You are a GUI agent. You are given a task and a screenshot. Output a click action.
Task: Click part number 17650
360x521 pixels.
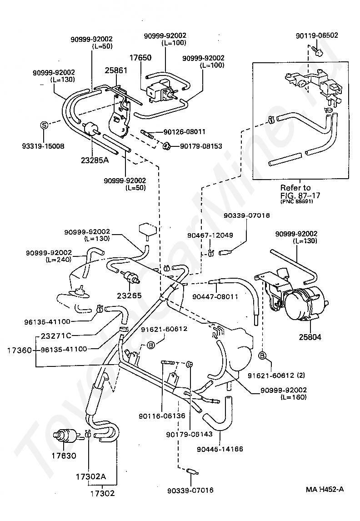click(x=140, y=57)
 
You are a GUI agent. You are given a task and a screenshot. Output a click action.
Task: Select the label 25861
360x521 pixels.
click(x=116, y=70)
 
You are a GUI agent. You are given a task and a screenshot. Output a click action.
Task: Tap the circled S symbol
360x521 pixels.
click(x=44, y=125)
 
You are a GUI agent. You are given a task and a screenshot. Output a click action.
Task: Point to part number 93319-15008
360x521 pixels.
click(x=43, y=146)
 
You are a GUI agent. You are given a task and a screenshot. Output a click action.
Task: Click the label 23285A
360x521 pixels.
click(x=95, y=160)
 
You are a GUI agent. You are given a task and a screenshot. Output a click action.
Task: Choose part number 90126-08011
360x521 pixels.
click(x=184, y=131)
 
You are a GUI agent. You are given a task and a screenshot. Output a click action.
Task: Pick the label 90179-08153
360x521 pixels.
click(x=201, y=146)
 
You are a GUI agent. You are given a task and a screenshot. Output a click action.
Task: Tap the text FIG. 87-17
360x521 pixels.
click(x=300, y=195)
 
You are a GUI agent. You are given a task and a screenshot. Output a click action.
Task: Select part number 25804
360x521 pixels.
click(x=310, y=337)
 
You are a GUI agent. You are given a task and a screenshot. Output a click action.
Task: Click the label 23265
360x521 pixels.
click(x=129, y=296)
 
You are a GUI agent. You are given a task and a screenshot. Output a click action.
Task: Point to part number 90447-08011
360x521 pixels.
click(x=215, y=296)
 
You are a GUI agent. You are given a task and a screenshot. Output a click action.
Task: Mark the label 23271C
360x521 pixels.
click(x=56, y=336)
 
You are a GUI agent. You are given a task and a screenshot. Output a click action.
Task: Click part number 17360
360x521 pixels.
click(x=20, y=350)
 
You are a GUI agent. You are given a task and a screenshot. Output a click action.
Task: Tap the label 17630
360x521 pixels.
click(x=64, y=456)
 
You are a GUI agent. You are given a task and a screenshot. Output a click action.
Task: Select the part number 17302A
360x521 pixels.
click(x=90, y=476)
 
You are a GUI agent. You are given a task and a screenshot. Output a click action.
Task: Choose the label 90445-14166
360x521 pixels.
click(x=220, y=449)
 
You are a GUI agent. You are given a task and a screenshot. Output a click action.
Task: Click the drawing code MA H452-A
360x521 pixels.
click(x=325, y=489)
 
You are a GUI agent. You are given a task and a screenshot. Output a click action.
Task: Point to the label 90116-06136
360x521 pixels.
click(x=162, y=416)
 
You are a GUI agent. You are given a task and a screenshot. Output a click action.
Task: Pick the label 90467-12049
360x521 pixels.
click(x=210, y=235)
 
